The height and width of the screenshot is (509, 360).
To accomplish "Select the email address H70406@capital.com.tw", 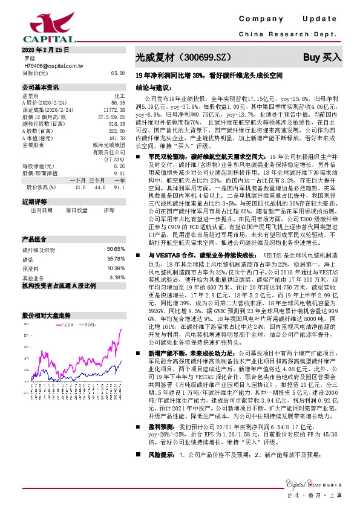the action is (x=53, y=65).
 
